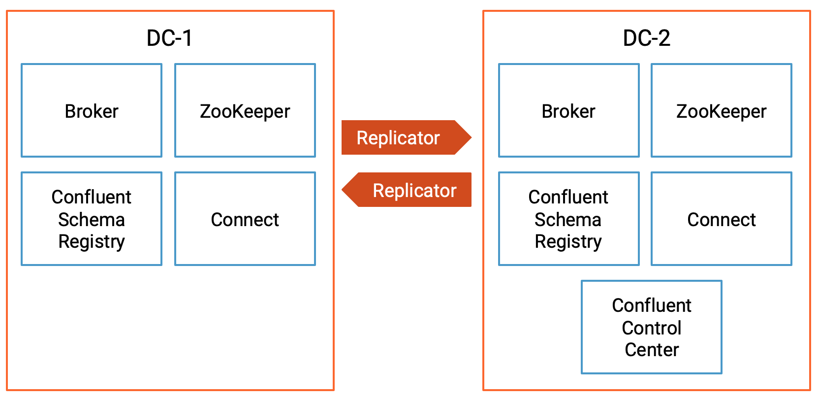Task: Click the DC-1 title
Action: (x=169, y=38)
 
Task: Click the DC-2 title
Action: (x=646, y=38)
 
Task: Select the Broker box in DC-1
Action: (x=92, y=111)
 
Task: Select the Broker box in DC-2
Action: (x=568, y=111)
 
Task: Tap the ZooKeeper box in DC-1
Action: (x=245, y=111)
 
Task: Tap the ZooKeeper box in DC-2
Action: (x=721, y=111)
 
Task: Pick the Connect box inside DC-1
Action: (x=245, y=219)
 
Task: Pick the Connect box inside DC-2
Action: (x=721, y=219)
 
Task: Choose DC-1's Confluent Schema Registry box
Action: (x=92, y=219)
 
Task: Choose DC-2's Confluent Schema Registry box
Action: (x=568, y=219)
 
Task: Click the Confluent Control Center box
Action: (x=651, y=328)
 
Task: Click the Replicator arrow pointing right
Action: (x=399, y=138)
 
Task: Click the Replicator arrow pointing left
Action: (x=414, y=190)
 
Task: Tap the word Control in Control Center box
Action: (x=651, y=328)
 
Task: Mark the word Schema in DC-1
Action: (x=92, y=220)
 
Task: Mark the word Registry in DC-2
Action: (x=568, y=242)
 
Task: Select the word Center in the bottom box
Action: (x=652, y=350)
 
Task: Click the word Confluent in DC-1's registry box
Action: (x=92, y=197)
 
